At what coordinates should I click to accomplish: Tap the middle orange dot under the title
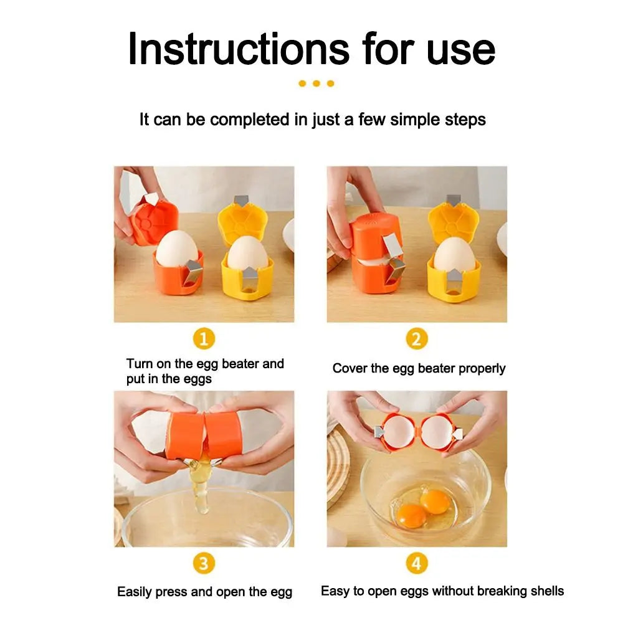click(316, 83)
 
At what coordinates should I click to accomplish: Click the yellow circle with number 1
click(204, 340)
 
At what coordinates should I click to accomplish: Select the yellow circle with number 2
click(417, 340)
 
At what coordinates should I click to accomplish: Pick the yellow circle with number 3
click(204, 564)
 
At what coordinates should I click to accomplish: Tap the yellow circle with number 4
click(417, 564)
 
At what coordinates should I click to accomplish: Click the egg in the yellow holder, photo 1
click(247, 254)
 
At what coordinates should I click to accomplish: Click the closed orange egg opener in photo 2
click(375, 255)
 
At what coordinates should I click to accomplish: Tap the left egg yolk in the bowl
click(412, 515)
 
